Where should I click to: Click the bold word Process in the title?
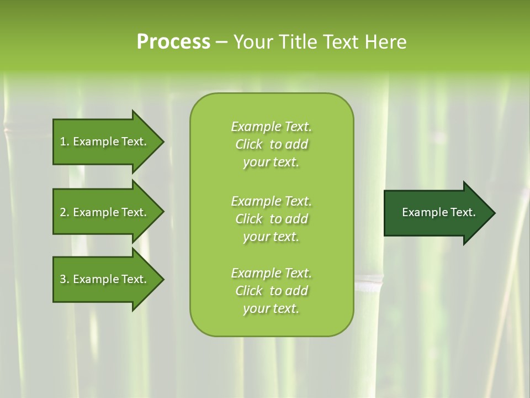173,42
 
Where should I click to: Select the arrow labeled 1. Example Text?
105,142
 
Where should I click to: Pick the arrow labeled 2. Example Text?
105,212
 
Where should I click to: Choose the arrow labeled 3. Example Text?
105,279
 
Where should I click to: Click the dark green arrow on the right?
436,213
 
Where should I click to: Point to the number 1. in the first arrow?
65,142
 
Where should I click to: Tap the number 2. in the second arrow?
65,212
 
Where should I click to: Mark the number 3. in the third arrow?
65,279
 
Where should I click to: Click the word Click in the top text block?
249,145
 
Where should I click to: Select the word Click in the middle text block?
249,219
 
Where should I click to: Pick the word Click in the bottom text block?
249,291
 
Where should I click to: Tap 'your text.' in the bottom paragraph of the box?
271,309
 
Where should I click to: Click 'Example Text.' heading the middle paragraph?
271,201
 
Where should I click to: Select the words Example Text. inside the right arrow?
439,212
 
